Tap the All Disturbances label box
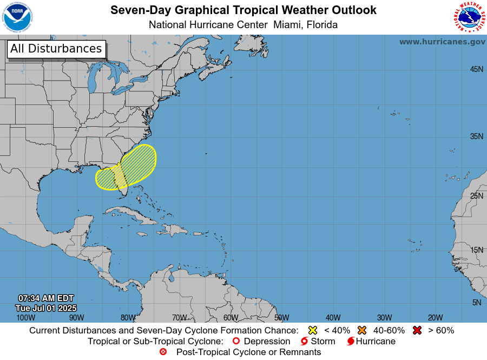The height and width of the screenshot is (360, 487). [56, 49]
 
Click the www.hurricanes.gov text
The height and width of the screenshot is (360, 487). [442, 42]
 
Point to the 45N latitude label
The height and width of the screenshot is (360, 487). [476, 69]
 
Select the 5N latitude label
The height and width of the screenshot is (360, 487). [476, 303]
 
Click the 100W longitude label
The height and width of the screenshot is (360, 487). [25, 318]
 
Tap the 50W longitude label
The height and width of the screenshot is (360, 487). [281, 318]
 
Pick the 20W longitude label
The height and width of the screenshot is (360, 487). [435, 318]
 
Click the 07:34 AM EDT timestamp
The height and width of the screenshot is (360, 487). [46, 298]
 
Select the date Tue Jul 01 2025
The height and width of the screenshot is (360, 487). [46, 308]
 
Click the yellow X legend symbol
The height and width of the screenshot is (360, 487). [312, 330]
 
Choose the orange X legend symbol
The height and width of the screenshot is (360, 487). [362, 330]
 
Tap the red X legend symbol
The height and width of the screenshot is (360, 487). [417, 330]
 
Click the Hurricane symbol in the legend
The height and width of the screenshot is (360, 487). [351, 342]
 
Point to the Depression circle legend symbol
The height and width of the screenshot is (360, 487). [235, 342]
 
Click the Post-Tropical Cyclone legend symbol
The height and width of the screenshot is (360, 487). [163, 352]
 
